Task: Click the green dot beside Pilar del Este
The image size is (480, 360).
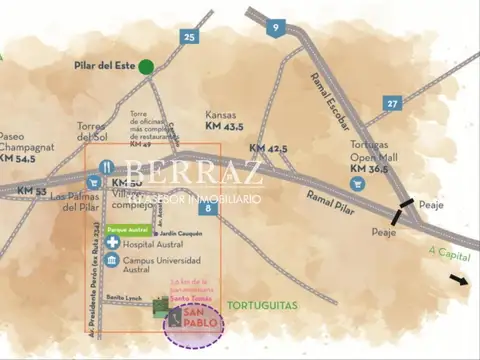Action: tap(147, 68)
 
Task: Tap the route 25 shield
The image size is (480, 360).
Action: tap(190, 37)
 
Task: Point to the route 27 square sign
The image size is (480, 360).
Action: tap(393, 102)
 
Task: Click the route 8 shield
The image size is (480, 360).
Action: tap(208, 208)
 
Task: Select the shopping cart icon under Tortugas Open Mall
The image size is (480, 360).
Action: tap(357, 184)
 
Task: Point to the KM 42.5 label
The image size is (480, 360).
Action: tap(268, 149)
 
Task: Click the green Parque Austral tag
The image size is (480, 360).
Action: tap(127, 229)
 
